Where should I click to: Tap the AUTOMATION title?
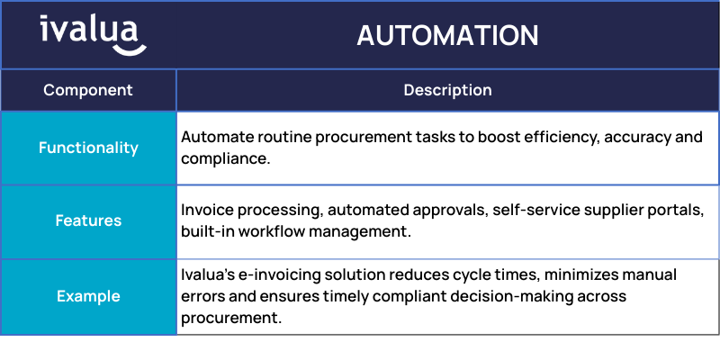pos(447,35)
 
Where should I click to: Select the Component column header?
pos(88,90)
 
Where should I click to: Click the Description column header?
pos(447,90)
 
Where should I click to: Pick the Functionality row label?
pos(88,148)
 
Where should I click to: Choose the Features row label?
pos(88,220)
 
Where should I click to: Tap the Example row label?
pos(88,296)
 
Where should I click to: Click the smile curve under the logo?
pos(130,50)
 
